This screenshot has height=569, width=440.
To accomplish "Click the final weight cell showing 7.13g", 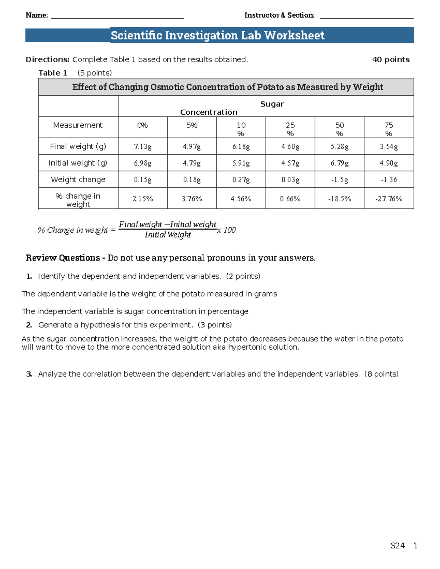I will pyautogui.click(x=143, y=147).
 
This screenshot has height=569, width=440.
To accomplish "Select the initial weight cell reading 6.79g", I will pyautogui.click(x=340, y=163).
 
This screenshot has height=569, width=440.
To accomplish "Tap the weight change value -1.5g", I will pyautogui.click(x=340, y=180).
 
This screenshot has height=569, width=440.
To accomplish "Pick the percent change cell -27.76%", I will pyautogui.click(x=389, y=199).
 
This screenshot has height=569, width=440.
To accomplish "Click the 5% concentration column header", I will pyautogui.click(x=192, y=125).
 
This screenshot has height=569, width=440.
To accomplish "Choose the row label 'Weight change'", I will pyautogui.click(x=78, y=180).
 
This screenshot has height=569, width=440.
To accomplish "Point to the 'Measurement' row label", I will pyautogui.click(x=78, y=125).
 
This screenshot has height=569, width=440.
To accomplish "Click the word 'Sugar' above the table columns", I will pyautogui.click(x=272, y=104).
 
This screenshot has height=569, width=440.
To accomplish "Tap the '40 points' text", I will pyautogui.click(x=391, y=59).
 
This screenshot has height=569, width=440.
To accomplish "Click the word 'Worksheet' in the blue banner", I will pyautogui.click(x=294, y=35).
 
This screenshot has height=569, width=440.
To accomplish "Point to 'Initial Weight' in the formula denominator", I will pyautogui.click(x=168, y=235).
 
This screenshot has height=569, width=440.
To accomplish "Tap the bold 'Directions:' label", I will pyautogui.click(x=47, y=59).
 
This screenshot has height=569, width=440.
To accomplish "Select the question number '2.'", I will pyautogui.click(x=29, y=325).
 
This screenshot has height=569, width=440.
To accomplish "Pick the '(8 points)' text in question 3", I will pyautogui.click(x=381, y=374).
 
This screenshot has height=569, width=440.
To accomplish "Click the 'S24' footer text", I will pyautogui.click(x=397, y=546).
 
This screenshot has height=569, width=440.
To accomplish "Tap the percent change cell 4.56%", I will pyautogui.click(x=241, y=199).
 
